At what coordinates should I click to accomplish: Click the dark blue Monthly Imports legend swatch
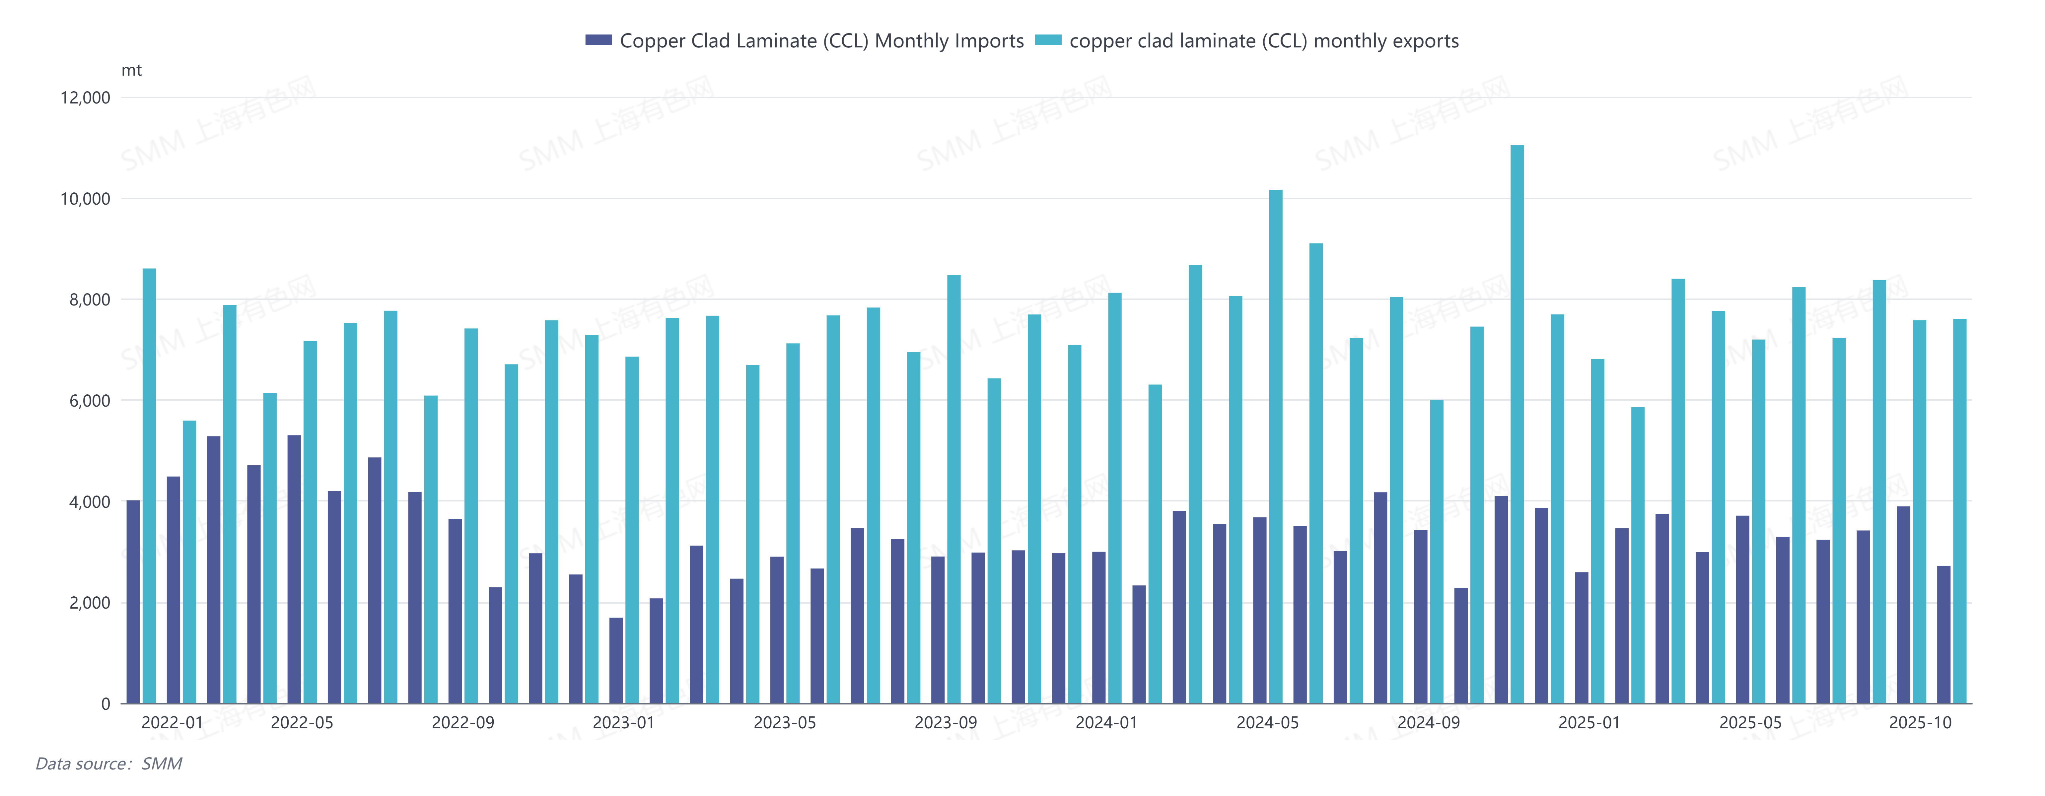[x=599, y=40]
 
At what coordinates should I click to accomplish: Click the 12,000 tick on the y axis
[x=85, y=98]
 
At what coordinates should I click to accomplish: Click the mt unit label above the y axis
[x=131, y=71]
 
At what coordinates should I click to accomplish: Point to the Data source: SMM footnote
[x=109, y=763]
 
